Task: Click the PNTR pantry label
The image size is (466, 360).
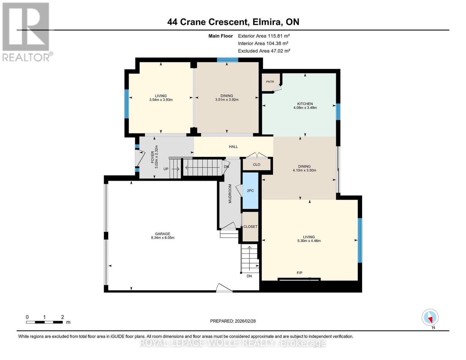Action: coord(270,82)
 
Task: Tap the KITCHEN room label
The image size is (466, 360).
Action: coord(305,104)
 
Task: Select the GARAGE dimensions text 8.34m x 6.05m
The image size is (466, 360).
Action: coord(163,238)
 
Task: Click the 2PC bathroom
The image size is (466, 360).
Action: coord(250,190)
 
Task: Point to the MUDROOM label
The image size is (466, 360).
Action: coord(230,194)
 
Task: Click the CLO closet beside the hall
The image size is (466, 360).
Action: coord(257,164)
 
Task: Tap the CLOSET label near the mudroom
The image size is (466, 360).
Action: coord(250,226)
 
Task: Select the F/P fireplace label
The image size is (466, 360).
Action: coord(299,273)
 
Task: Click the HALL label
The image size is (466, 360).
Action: coord(233,147)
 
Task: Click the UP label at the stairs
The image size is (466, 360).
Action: coord(166,169)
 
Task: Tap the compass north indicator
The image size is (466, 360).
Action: coord(430,317)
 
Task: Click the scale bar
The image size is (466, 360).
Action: coord(44,322)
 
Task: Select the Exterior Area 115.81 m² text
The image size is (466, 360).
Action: coord(264,36)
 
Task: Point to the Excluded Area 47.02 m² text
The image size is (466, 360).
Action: coord(264,51)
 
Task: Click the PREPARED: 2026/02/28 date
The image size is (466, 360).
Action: coord(233,321)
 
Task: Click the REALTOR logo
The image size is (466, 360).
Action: coord(26,31)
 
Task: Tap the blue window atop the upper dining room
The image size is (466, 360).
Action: coord(227,60)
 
